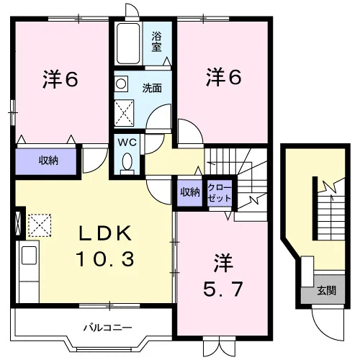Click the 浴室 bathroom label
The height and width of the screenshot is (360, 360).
tap(156, 42)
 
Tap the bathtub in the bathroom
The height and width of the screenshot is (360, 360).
tap(128, 43)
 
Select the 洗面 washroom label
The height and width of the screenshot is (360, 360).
tap(152, 88)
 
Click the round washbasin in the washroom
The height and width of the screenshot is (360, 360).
tap(121, 84)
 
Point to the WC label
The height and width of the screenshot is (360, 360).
tap(127, 143)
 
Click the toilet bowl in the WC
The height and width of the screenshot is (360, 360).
tap(127, 161)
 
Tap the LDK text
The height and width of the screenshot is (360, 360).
tap(106, 233)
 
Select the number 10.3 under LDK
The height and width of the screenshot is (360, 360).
tap(105, 258)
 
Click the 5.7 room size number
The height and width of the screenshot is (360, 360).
tap(222, 289)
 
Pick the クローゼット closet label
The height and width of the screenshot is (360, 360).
tap(220, 192)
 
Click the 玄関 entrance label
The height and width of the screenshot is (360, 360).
tap(326, 291)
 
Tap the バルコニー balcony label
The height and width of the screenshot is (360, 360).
tap(108, 328)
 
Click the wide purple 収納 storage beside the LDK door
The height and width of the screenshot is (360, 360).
tap(46, 161)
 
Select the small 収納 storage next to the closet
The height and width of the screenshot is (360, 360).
tap(190, 192)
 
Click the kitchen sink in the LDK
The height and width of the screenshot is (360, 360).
tap(29, 256)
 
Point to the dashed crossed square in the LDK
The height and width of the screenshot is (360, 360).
tap(40, 225)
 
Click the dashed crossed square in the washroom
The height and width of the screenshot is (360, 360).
tap(124, 113)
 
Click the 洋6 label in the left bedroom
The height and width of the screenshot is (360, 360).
tap(60, 79)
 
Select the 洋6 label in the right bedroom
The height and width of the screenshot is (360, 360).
tap(223, 77)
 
